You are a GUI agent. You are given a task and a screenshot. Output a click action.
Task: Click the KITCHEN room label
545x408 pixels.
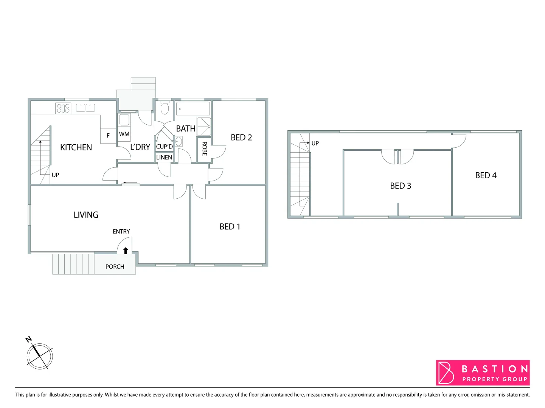point(76,147)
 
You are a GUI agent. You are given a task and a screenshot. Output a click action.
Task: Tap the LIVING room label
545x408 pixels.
point(86,215)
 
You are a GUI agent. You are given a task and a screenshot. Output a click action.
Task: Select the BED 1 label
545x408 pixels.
point(230,227)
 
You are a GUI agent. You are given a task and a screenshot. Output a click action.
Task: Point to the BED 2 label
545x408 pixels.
point(241,138)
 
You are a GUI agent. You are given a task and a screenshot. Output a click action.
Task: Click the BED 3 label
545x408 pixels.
point(401,186)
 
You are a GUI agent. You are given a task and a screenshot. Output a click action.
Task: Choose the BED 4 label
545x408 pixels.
point(486,175)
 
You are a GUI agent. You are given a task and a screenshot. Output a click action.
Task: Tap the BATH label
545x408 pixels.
point(186,129)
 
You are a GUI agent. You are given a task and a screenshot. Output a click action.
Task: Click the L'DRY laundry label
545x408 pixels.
point(140,147)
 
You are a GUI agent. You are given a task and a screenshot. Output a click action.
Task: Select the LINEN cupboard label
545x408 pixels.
point(164,158)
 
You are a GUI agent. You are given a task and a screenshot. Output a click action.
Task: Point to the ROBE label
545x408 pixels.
point(205,148)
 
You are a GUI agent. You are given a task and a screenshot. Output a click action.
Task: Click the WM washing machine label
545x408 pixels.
point(124,134)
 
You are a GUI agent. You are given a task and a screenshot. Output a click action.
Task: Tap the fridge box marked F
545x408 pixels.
point(108,136)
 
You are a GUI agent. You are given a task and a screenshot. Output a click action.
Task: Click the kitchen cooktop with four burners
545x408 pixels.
point(63,108)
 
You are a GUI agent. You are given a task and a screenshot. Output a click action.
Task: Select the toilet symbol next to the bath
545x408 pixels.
point(165,108)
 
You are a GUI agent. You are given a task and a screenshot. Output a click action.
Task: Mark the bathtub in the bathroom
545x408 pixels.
point(193,109)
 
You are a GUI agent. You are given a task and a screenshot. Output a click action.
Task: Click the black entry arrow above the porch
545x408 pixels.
point(126,250)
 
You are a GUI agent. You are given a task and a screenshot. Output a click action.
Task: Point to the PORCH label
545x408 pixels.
point(115,267)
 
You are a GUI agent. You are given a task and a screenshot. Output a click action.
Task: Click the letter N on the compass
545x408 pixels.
point(29,339)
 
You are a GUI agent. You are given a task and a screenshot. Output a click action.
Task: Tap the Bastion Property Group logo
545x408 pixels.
point(483,372)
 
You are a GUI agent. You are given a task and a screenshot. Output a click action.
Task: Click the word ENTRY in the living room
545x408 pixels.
point(121,232)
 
